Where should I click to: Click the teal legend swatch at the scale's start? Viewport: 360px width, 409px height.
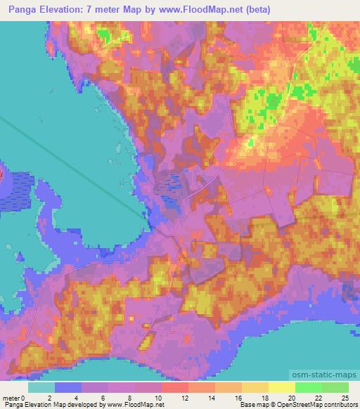point(41,387)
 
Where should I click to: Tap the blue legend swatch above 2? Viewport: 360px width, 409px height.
point(68,387)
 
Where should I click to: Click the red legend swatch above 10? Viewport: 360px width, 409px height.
point(174,387)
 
